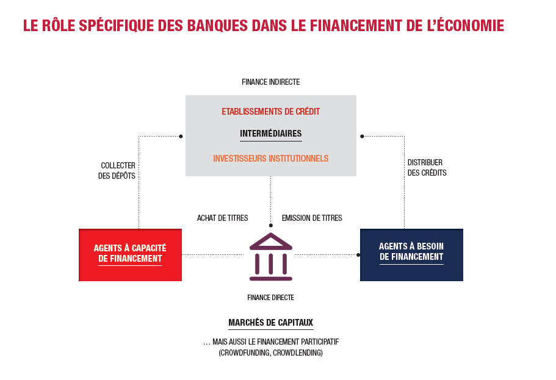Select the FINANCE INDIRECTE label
coord(270,82)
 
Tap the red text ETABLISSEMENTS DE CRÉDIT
coord(270,111)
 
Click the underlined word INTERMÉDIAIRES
coord(270,134)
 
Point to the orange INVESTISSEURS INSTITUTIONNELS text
coord(270,158)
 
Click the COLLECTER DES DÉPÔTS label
coord(117,171)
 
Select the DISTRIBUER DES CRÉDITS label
coord(427,168)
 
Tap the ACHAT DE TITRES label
coord(222,218)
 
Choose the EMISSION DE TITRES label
coord(312,218)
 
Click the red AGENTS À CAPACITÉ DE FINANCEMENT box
coord(130,255)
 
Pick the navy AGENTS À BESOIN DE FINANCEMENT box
coord(411,255)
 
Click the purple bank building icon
coord(271,257)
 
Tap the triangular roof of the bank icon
coord(271,242)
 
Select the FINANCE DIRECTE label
coord(270,298)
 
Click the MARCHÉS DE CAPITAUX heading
coord(270,323)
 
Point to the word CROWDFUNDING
coord(245,353)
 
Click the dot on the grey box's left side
coord(181,136)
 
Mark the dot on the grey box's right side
coord(362,136)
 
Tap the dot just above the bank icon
coord(271,226)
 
